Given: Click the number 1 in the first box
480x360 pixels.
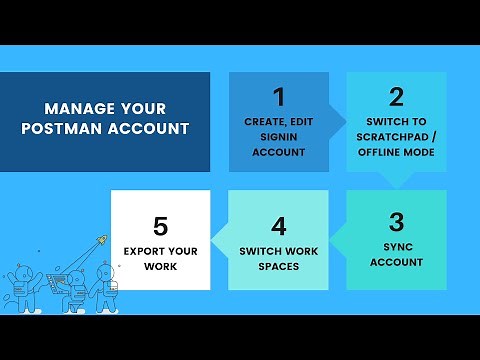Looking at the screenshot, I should [278, 97].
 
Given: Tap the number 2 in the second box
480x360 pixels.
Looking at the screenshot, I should [396, 97].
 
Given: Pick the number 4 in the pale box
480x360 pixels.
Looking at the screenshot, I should [279, 226].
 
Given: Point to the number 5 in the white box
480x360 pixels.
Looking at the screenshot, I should [160, 225].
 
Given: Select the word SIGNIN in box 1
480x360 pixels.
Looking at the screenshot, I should [278, 137].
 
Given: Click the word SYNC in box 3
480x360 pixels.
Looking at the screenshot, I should [396, 246].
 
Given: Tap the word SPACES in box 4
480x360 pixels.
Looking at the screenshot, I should [279, 266].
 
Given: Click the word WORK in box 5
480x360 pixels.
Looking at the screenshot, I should [160, 267].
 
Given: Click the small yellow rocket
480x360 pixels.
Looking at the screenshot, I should [101, 240].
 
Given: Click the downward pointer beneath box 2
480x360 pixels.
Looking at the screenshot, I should [396, 181].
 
